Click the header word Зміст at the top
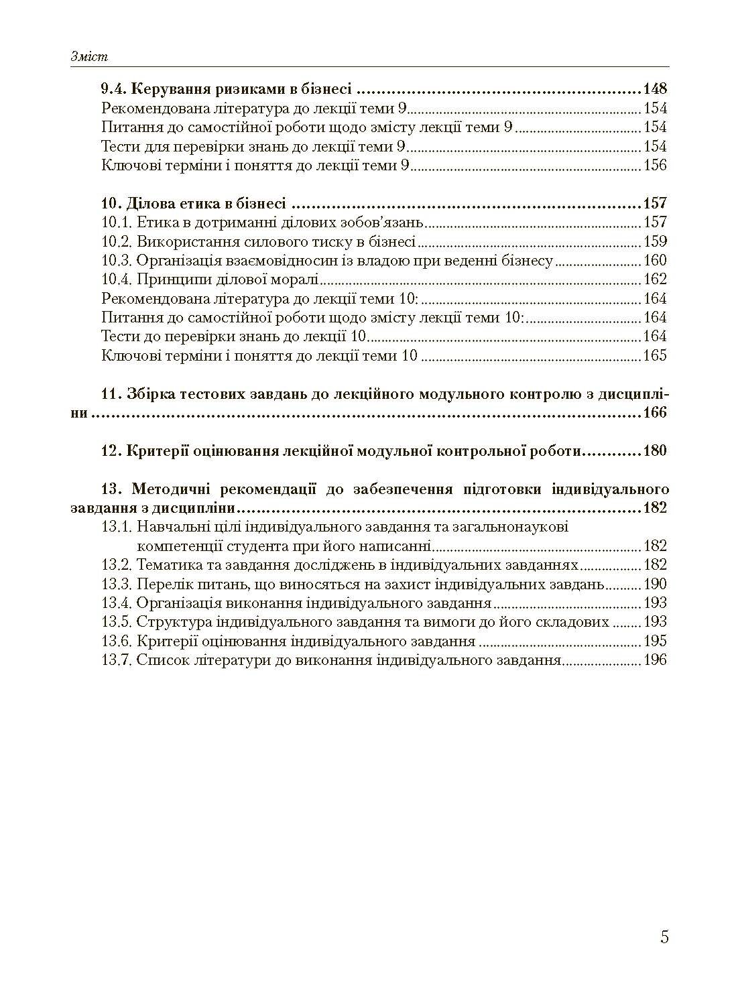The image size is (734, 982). click(89, 57)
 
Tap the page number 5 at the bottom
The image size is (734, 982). click(664, 936)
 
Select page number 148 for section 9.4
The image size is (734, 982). click(654, 89)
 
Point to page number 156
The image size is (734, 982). click(655, 165)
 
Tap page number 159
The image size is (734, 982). click(655, 241)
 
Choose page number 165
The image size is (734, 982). click(655, 355)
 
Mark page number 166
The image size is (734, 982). click(654, 413)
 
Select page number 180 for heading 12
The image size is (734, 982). click(654, 450)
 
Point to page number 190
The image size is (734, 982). click(655, 583)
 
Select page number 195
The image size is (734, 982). click(655, 641)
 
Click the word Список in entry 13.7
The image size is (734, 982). click(160, 660)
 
